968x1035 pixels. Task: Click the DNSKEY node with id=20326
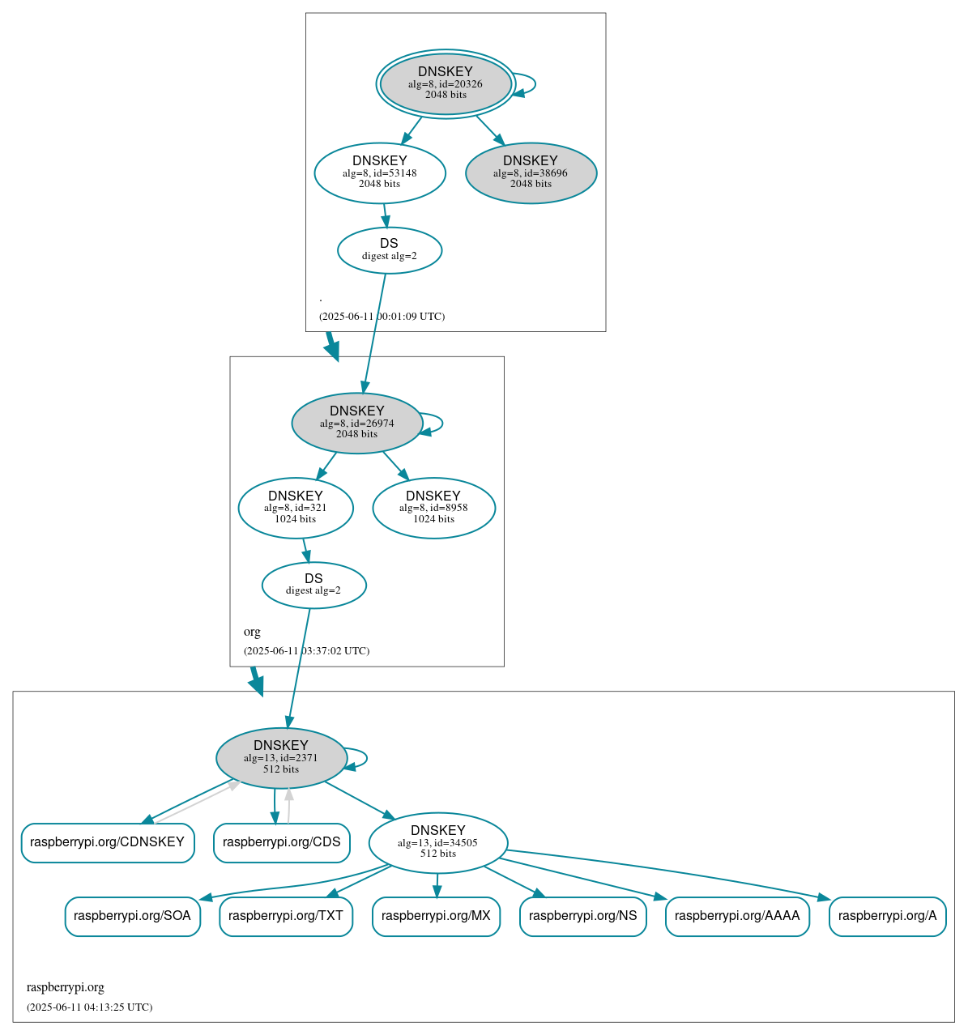coord(446,83)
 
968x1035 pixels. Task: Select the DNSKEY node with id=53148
coord(380,172)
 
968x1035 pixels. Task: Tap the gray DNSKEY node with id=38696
coord(531,172)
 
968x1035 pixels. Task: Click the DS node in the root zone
coord(390,250)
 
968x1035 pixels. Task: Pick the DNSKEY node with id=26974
coord(357,423)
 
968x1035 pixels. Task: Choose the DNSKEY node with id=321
coord(296,508)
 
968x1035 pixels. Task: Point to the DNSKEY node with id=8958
coord(433,508)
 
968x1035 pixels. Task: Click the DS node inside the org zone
coord(313,585)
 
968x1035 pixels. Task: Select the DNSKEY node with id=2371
coord(281,758)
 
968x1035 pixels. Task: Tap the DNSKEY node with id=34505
coord(437,842)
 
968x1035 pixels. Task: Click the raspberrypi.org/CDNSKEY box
coord(108,842)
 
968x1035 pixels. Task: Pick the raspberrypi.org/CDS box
coord(281,842)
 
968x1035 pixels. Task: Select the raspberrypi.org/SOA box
coord(132,916)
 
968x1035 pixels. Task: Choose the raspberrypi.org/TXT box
coord(286,916)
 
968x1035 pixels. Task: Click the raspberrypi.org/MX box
coord(436,916)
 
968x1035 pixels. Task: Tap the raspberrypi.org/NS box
coord(582,916)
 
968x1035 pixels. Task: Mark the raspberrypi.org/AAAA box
coord(737,916)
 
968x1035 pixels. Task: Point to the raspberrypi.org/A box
coord(887,916)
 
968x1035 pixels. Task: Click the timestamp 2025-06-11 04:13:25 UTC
coord(89,1007)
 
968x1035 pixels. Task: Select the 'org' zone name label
coord(252,632)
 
